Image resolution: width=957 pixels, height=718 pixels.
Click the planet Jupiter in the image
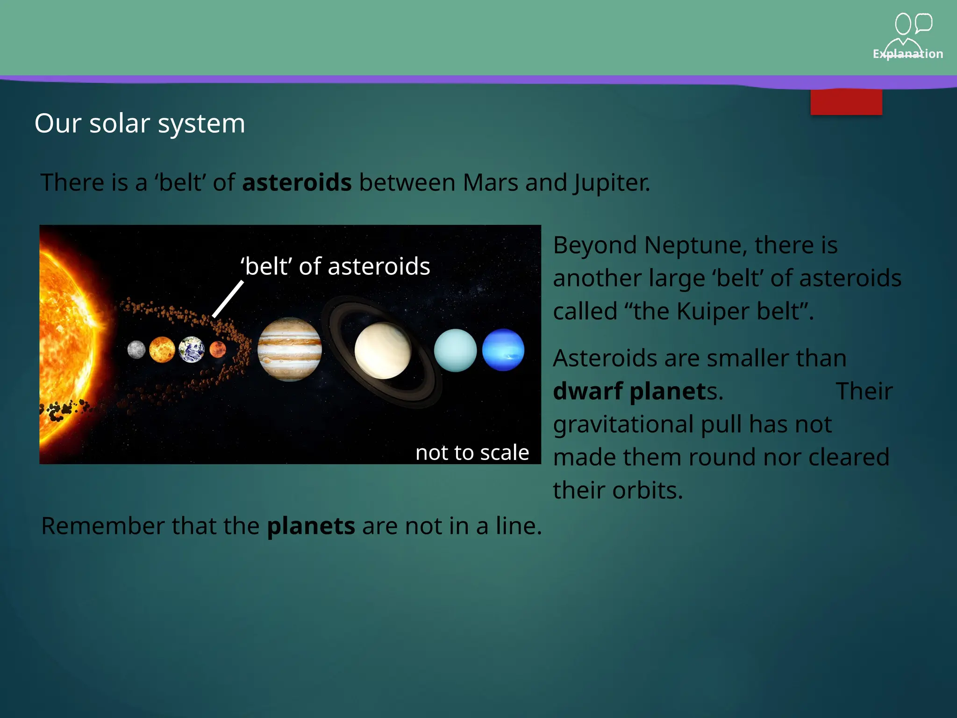[x=290, y=349]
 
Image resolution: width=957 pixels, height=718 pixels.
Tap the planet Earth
[x=192, y=350]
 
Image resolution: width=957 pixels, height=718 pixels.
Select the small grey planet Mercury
[x=136, y=350]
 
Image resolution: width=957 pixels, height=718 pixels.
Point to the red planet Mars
[x=218, y=349]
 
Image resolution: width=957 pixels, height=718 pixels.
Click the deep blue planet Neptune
[x=503, y=350]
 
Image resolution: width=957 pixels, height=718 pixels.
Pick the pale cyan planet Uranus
[x=455, y=350]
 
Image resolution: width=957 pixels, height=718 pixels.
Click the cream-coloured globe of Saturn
[x=383, y=351]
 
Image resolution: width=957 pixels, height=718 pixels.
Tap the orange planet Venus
[x=162, y=350]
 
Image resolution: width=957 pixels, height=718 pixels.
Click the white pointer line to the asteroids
[x=228, y=299]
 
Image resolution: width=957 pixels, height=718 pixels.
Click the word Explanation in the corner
[x=907, y=54]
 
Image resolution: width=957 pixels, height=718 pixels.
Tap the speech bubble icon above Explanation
[x=923, y=23]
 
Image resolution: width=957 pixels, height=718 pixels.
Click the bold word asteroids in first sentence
[x=297, y=182]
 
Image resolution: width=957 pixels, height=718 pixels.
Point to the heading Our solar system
[x=140, y=123]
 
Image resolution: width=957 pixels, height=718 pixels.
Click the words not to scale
[x=472, y=452]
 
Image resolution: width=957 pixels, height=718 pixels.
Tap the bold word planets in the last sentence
[x=311, y=526]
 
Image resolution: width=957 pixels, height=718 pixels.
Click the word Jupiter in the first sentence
[x=612, y=183]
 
